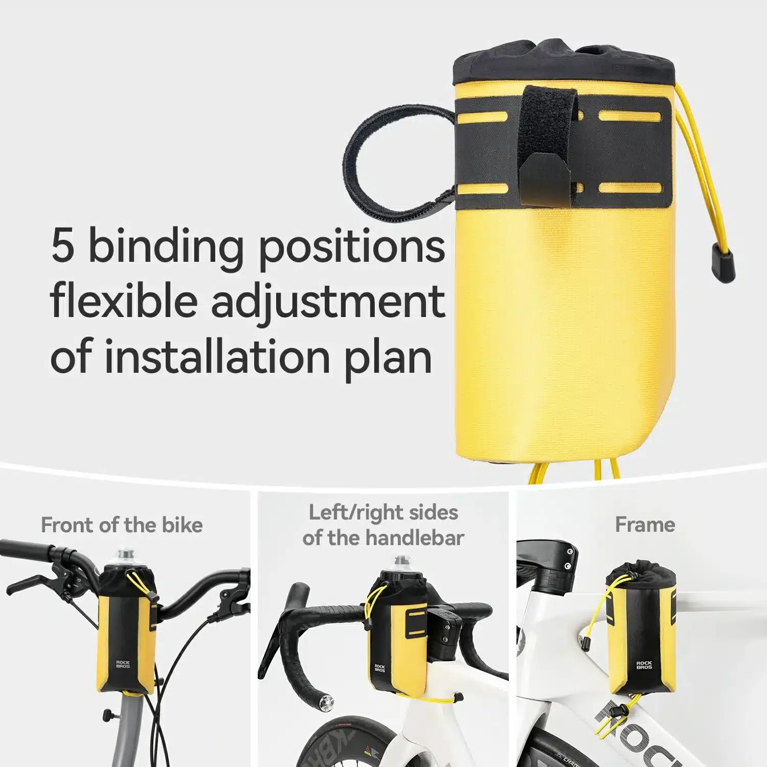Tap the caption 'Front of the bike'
pyautogui.click(x=122, y=525)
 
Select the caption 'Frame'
pyautogui.click(x=645, y=525)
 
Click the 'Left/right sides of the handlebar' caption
pyautogui.click(x=383, y=525)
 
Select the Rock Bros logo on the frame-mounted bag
pyautogui.click(x=644, y=665)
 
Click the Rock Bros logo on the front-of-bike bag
pyautogui.click(x=123, y=664)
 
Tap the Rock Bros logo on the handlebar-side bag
pyautogui.click(x=380, y=668)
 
